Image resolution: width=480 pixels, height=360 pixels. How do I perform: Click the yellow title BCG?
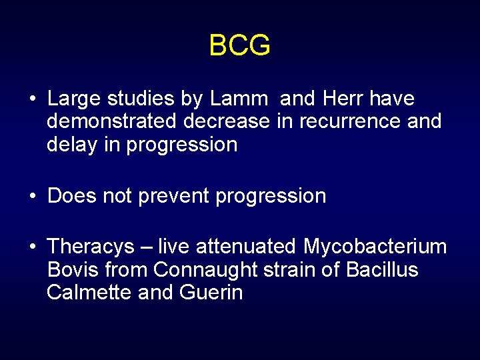click(x=239, y=46)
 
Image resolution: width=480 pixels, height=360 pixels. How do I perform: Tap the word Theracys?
click(x=91, y=247)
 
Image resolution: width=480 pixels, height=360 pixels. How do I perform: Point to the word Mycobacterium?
click(x=375, y=247)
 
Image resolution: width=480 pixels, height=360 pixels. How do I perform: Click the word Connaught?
click(x=210, y=270)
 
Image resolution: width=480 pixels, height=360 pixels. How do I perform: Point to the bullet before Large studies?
click(x=32, y=100)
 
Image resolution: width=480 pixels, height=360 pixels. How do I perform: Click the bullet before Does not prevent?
click(x=32, y=197)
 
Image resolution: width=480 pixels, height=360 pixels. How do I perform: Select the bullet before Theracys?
click(x=32, y=248)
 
